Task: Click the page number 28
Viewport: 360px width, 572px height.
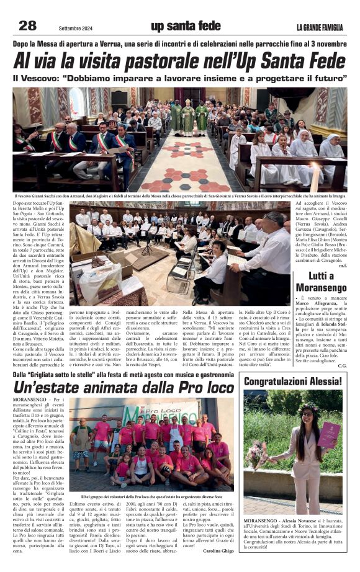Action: point(28,25)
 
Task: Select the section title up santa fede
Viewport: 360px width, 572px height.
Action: point(186,25)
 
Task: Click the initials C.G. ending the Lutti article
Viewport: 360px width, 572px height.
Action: point(341,365)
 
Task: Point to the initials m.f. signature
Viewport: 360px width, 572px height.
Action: point(342,266)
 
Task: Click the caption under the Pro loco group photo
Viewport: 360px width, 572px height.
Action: point(151,496)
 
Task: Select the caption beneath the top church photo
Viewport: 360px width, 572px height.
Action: point(180,196)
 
